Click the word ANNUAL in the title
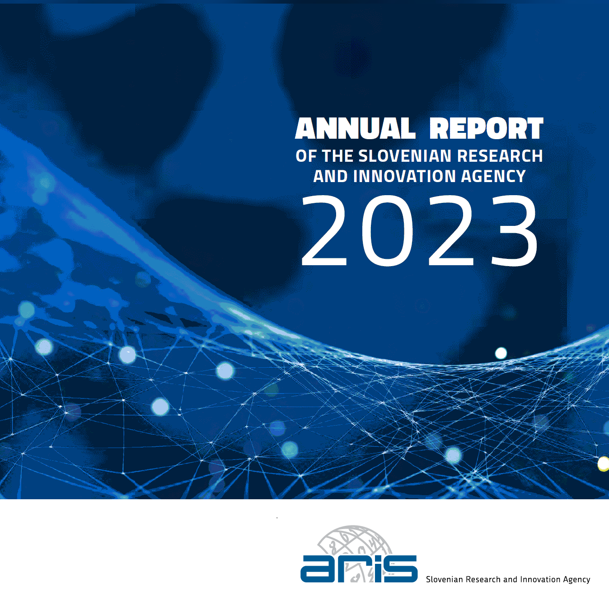pos(355,128)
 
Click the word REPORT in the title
pos(487,128)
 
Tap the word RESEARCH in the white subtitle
pos(500,156)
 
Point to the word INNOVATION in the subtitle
pos(404,176)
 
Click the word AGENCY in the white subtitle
pos(493,176)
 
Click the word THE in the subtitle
pos(337,156)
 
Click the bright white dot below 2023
pos(501,353)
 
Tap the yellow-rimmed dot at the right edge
pos(604,464)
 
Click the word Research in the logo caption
pos(483,580)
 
